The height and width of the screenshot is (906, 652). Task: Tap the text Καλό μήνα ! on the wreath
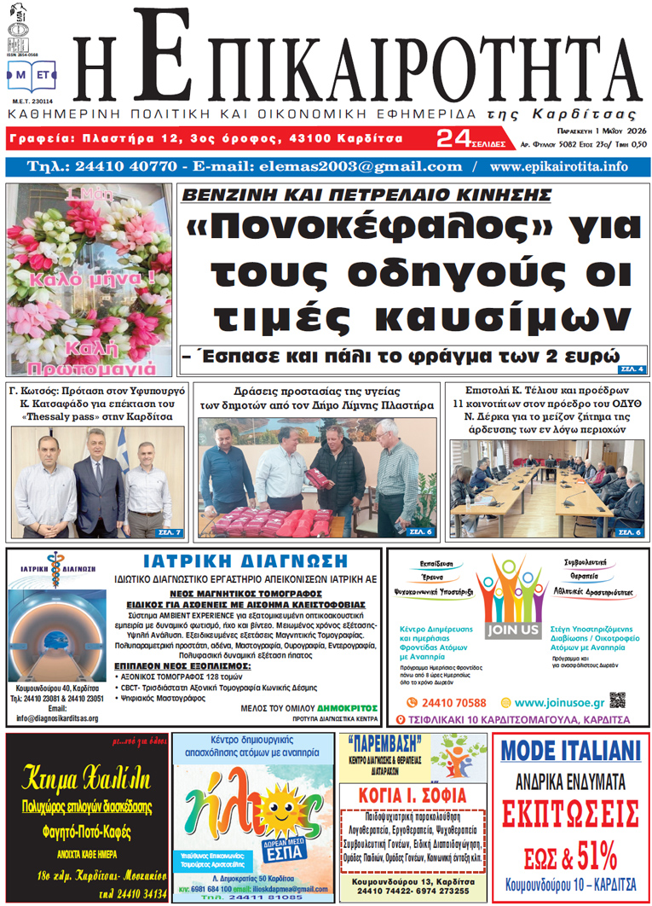(90, 278)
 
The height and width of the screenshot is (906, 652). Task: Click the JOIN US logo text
(513, 630)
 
